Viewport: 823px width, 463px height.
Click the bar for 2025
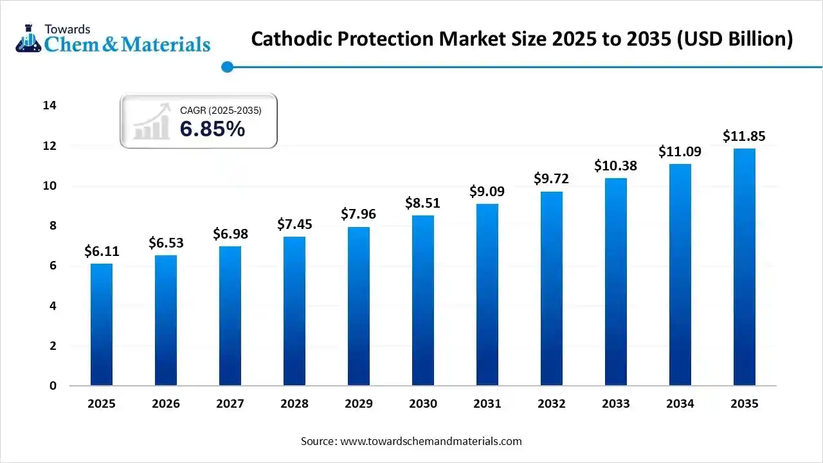tap(102, 325)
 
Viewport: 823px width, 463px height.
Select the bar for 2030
tap(423, 300)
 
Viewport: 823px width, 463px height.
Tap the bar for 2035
tap(745, 267)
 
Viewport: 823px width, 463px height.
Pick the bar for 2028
tap(294, 311)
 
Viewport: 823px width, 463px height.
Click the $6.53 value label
tap(166, 243)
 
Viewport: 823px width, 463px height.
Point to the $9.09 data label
tap(487, 192)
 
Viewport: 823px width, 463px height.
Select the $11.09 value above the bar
tap(680, 152)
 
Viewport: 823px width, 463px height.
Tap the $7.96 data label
tap(359, 214)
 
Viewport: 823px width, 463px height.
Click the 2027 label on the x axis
tap(230, 404)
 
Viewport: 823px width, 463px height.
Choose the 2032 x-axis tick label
tap(552, 404)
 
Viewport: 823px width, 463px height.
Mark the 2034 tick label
tap(680, 404)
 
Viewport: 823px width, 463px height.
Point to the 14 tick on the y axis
tap(50, 105)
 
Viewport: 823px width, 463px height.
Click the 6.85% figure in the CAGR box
tap(212, 129)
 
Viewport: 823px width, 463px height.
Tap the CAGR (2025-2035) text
tap(221, 111)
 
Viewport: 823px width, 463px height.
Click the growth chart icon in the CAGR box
tap(152, 122)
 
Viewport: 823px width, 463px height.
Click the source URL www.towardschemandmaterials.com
tap(430, 441)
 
